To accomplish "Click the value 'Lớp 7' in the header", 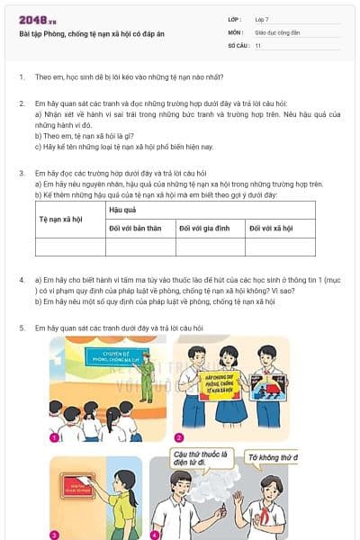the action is [x=263, y=19].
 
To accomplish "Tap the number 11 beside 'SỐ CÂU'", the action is [x=258, y=45].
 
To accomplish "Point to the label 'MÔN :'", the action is [x=235, y=31].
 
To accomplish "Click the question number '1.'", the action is [x=21, y=77].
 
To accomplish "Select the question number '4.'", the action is [x=21, y=281].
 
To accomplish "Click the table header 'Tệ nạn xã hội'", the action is [x=62, y=219].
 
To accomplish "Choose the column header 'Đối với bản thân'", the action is [x=135, y=229].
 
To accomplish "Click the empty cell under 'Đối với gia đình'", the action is [x=210, y=247].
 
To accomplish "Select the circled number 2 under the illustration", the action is [x=179, y=436].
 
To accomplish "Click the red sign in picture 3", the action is [x=75, y=487].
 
